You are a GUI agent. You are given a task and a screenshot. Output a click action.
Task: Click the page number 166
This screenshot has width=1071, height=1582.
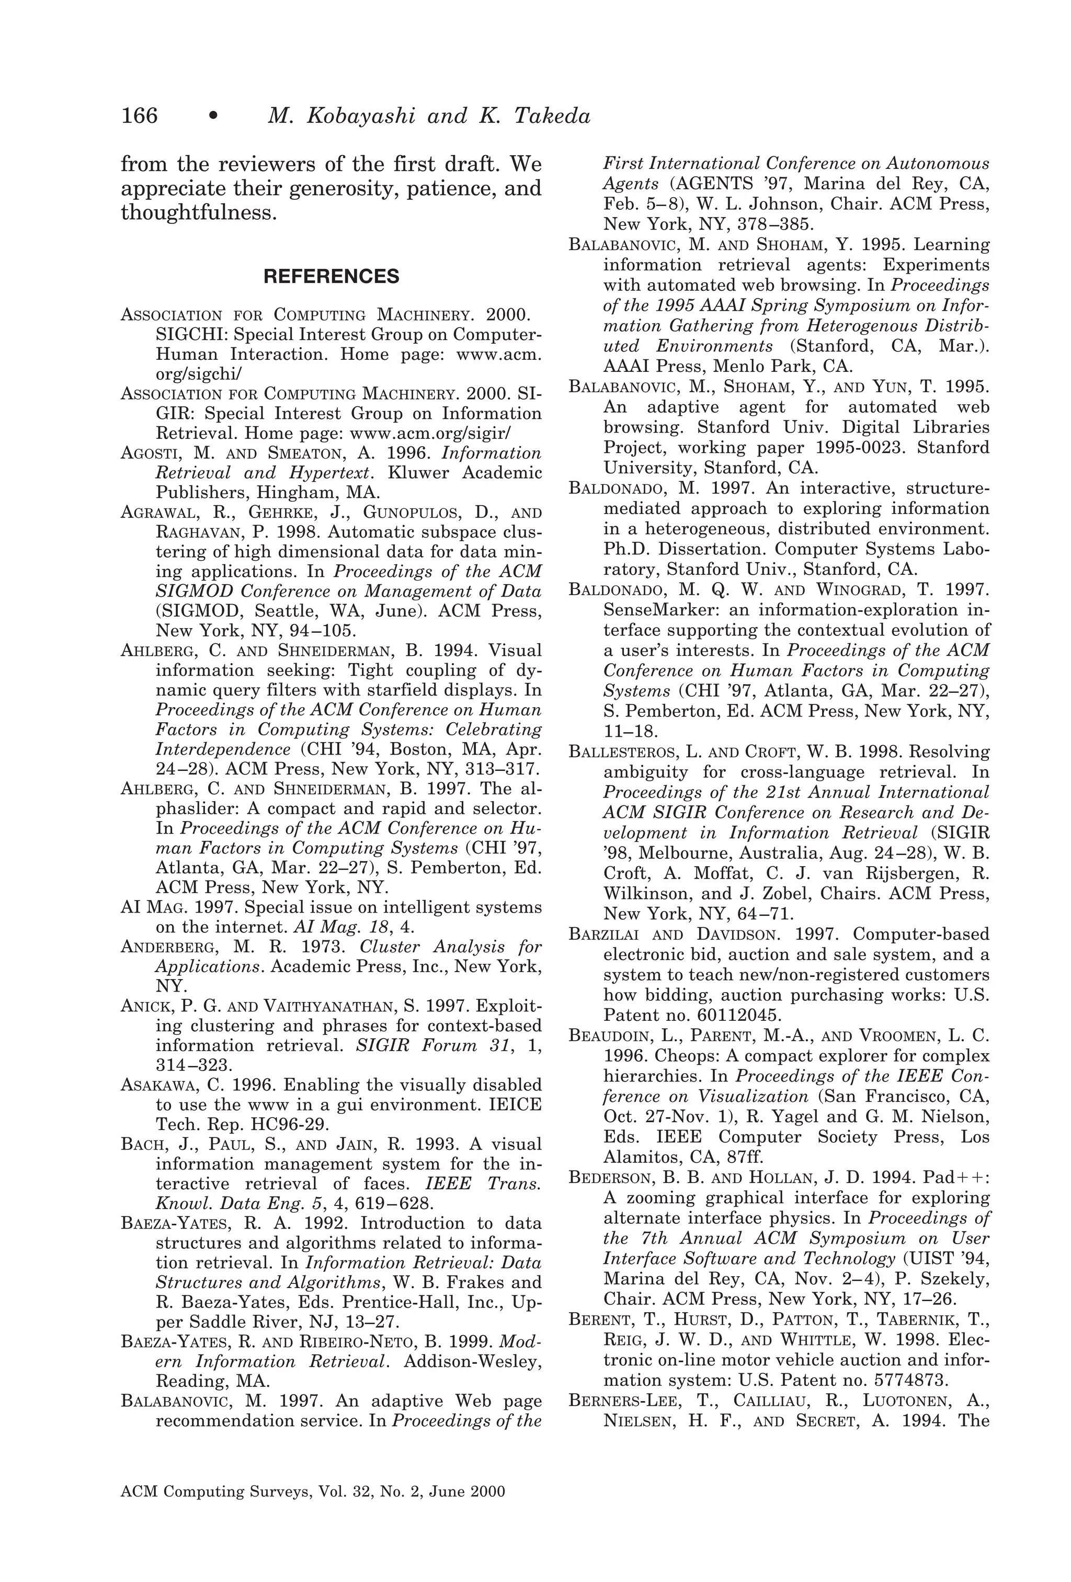pyautogui.click(x=140, y=116)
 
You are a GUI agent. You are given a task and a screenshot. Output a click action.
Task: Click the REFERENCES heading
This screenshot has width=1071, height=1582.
pyautogui.click(x=331, y=276)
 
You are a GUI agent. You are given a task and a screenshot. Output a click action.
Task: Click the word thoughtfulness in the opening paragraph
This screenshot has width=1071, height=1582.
pyautogui.click(x=198, y=213)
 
